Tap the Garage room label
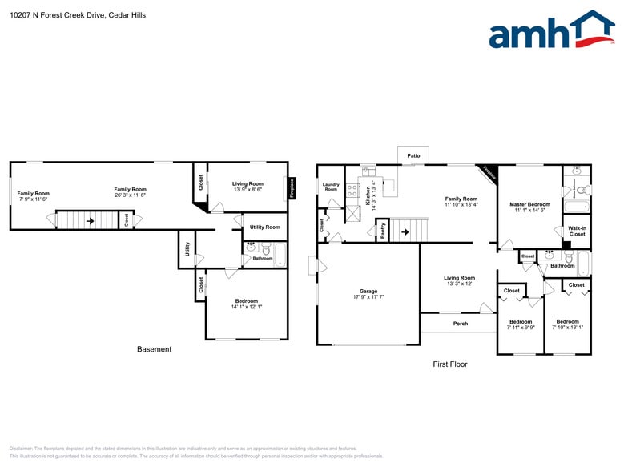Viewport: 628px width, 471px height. tap(368, 294)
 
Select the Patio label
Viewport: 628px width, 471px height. tap(413, 155)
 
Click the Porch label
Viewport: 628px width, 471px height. tap(461, 324)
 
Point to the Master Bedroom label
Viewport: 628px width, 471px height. tap(529, 207)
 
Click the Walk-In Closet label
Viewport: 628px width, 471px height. tap(577, 231)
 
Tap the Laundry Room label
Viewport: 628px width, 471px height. tap(331, 187)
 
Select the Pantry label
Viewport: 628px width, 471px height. tap(383, 231)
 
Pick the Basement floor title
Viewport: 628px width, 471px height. tap(154, 349)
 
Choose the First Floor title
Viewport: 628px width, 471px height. tap(450, 364)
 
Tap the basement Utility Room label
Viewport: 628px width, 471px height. tap(264, 227)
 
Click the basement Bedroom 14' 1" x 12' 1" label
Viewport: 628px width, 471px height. tap(247, 304)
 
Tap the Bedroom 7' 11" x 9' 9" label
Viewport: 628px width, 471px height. tap(521, 324)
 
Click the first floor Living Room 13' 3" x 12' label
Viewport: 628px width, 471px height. tap(460, 280)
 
